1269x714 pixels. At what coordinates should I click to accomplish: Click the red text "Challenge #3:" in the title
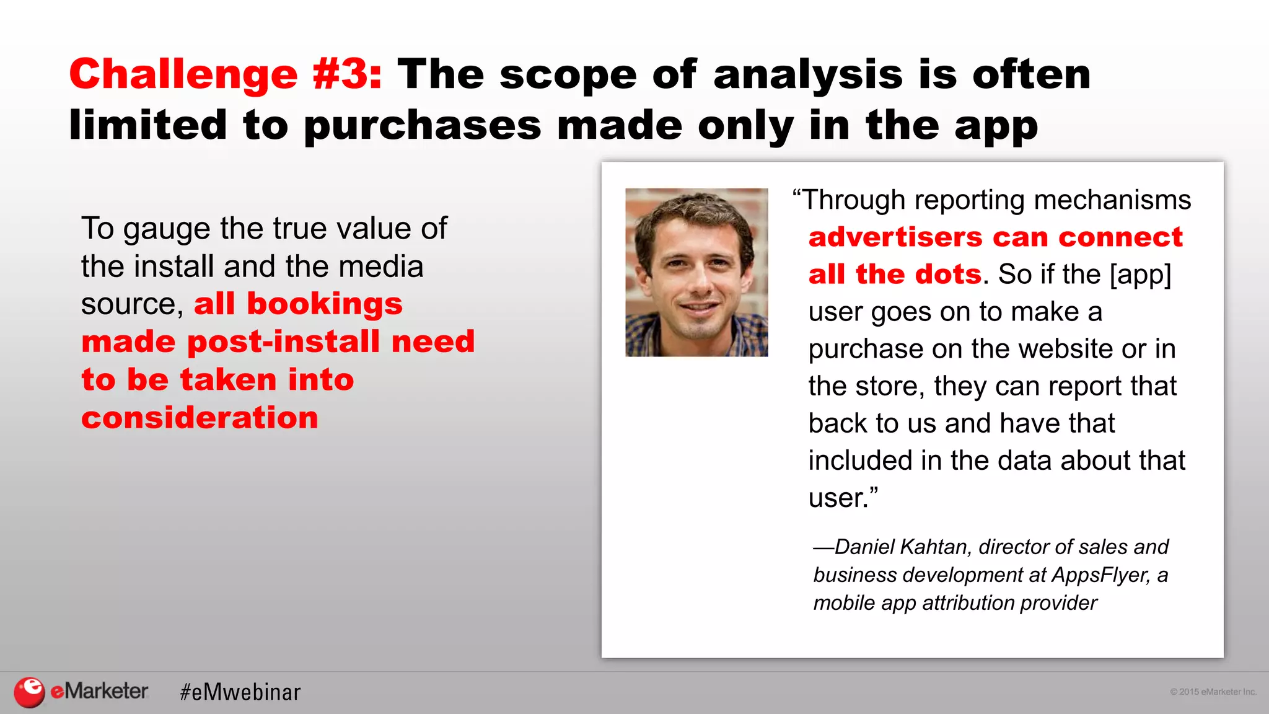click(226, 74)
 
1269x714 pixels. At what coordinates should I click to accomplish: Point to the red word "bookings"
click(324, 304)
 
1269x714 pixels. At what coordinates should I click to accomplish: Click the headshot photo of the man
click(696, 272)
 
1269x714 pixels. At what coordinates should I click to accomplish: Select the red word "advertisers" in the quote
click(895, 237)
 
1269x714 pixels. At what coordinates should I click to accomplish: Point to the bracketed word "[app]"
click(1139, 275)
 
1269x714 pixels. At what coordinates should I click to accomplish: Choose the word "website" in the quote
click(1064, 349)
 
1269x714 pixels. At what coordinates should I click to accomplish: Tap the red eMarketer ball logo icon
click(29, 692)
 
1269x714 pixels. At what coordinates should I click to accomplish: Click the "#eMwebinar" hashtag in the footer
click(240, 692)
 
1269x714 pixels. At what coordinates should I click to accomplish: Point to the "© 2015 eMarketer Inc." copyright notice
click(1213, 692)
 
